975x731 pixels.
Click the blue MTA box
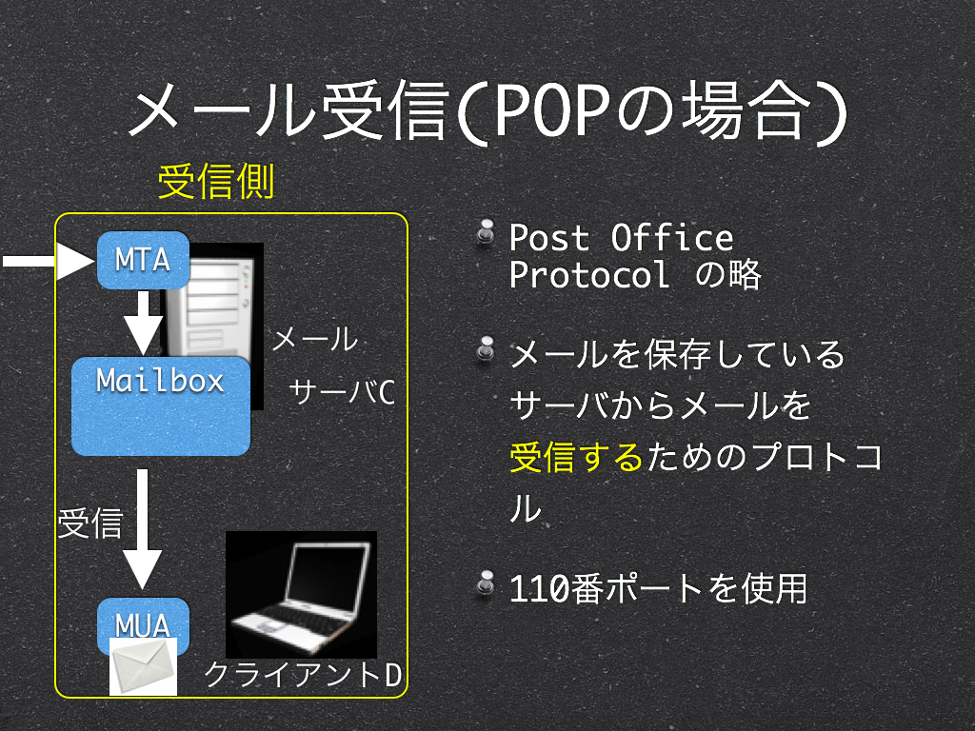[143, 260]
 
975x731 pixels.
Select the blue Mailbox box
[161, 405]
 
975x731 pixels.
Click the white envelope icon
[143, 666]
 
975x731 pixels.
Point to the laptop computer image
[301, 595]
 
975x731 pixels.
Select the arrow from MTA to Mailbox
[143, 324]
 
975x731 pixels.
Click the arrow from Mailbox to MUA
[143, 529]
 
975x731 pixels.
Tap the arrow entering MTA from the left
[49, 261]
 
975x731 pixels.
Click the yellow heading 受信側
[216, 182]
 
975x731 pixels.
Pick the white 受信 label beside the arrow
[90, 523]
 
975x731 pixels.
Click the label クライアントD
[303, 675]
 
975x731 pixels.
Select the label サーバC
[342, 392]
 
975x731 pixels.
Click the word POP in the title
[551, 110]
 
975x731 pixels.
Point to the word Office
[672, 237]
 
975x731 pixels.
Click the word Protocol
[589, 274]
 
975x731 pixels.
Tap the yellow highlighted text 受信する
[576, 457]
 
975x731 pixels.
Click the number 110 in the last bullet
[539, 588]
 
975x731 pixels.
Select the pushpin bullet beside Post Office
[486, 232]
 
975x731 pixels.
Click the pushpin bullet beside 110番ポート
[486, 583]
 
